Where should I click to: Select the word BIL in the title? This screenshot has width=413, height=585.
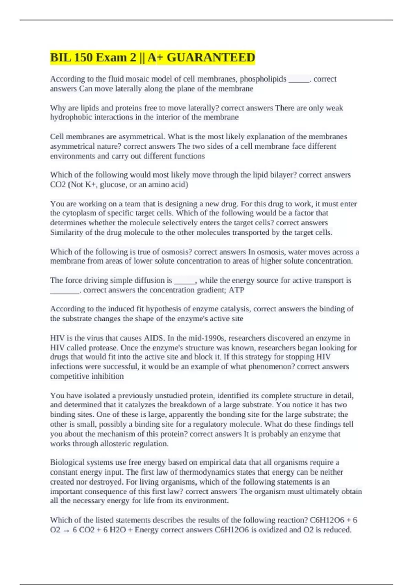tap(60, 57)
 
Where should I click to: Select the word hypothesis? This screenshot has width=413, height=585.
tap(151, 309)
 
